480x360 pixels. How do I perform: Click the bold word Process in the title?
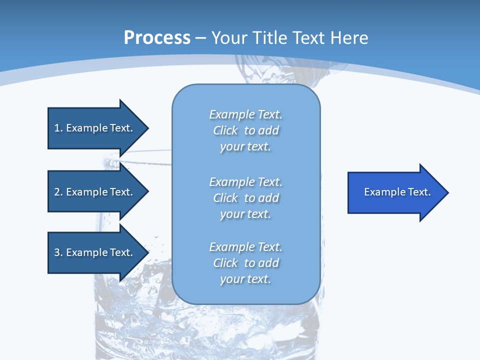[x=157, y=38]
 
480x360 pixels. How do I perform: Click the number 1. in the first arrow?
[x=58, y=128]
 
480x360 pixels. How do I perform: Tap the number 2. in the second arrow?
[x=58, y=192]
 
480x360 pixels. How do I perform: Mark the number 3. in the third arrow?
[x=58, y=252]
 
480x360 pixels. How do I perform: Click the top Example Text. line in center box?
[x=245, y=114]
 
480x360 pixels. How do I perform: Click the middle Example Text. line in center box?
[x=245, y=181]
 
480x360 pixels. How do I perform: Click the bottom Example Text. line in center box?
[x=245, y=247]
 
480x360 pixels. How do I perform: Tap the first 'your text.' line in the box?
[x=245, y=147]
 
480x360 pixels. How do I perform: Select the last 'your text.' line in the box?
[x=245, y=279]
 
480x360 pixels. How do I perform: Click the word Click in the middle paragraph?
[x=225, y=198]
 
